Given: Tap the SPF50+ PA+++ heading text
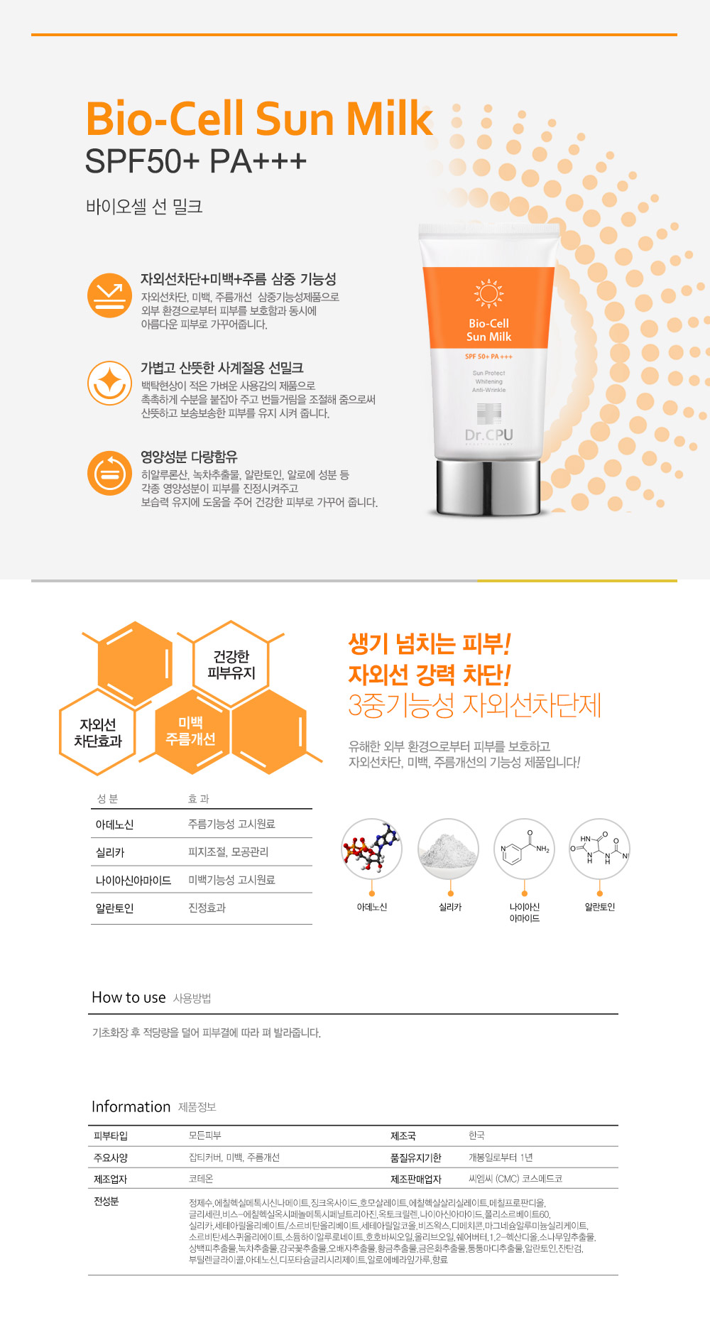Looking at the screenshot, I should [195, 161].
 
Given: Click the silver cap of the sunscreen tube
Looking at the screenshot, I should [489, 486].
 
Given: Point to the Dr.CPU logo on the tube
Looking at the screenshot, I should [488, 435].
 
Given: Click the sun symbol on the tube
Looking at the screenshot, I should [488, 293].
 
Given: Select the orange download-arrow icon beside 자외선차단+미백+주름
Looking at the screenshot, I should [109, 295].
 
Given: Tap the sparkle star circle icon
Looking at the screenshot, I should [109, 383].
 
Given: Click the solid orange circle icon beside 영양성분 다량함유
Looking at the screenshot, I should [109, 472].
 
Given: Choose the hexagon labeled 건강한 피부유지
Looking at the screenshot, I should [231, 664].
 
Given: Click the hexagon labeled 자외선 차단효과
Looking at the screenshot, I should [98, 732].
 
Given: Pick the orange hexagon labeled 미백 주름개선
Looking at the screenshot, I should [190, 731].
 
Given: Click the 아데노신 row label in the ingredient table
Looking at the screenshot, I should [114, 824].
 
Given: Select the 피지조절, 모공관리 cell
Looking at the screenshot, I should [228, 851].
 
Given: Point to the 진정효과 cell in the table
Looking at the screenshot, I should [207, 908].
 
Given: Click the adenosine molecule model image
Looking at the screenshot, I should [371, 849].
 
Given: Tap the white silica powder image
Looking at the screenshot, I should [448, 849].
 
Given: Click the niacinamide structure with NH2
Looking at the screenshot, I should [525, 849].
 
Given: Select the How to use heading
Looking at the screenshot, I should [129, 997].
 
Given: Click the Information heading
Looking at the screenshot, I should [131, 1106].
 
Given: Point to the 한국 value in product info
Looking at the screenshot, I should [476, 1136].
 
